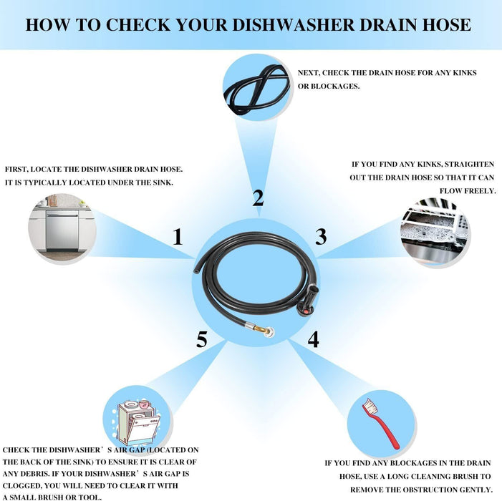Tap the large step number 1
(178, 237)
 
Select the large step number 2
(258, 198)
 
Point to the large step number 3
(321, 236)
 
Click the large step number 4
(313, 339)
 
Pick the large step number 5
(202, 340)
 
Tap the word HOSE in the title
(445, 25)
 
